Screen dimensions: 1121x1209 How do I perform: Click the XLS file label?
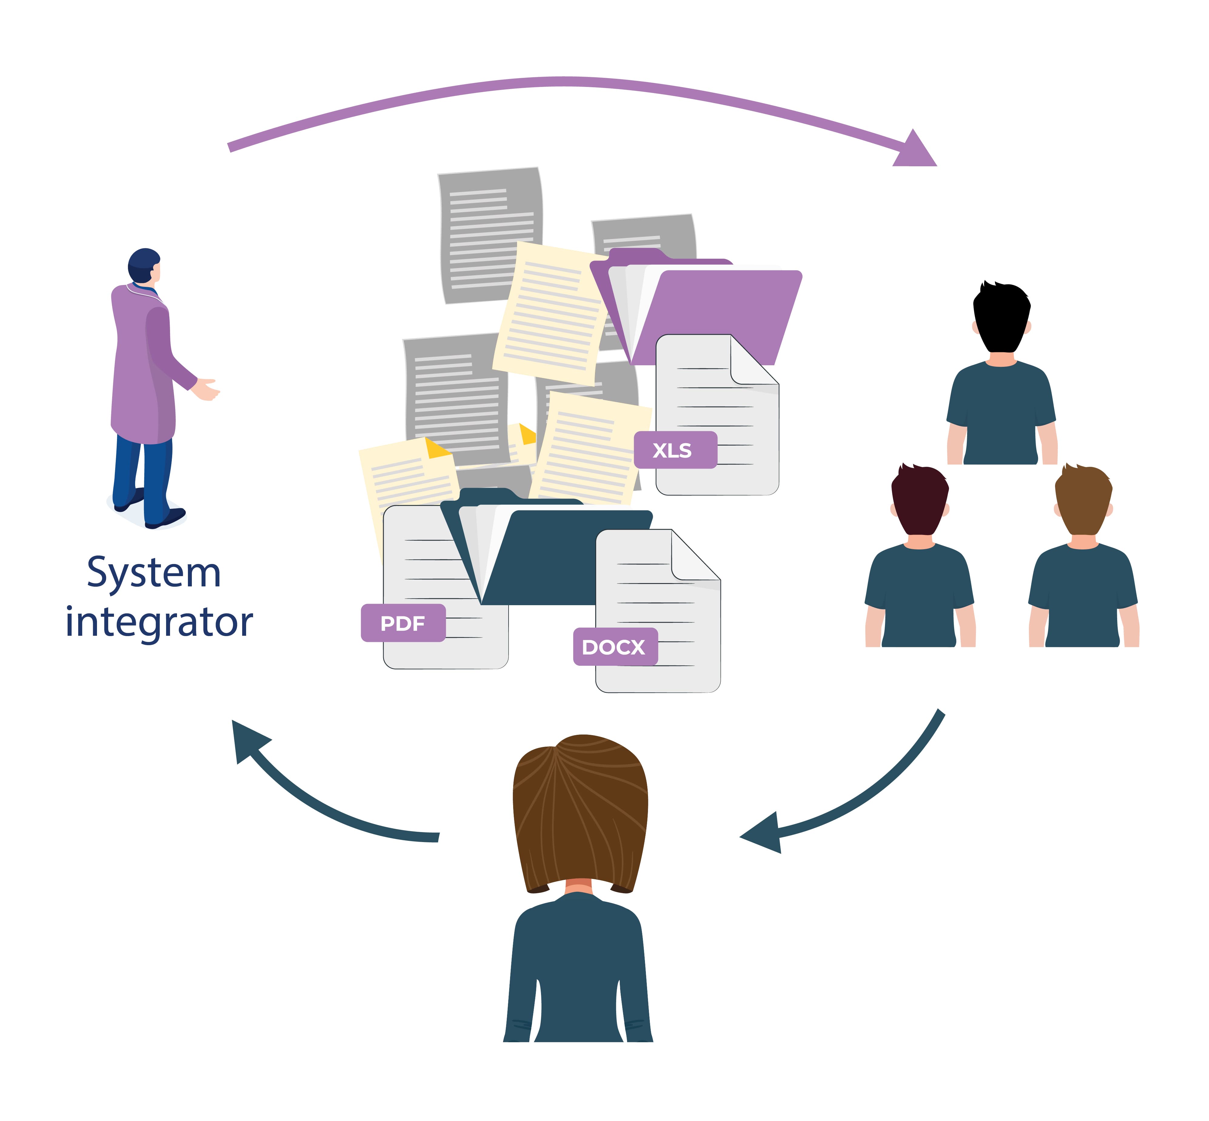pos(675,450)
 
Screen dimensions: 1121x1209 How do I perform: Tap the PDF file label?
pos(403,623)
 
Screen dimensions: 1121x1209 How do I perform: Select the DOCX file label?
pos(615,647)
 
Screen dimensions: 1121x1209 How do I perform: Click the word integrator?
pos(159,622)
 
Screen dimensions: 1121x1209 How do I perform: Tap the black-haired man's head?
pos(1001,315)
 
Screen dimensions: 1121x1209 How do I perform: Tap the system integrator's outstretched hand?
pos(206,390)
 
